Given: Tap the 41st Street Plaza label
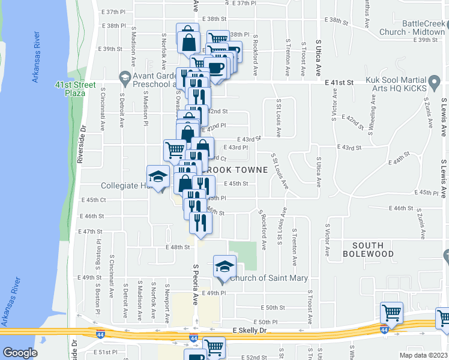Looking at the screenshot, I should point(76,89).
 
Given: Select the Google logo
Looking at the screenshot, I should point(20,353).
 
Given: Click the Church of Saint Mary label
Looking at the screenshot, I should point(269,278).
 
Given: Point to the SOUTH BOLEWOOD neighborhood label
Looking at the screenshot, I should point(381,250).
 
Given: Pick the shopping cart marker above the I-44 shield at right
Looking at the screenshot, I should point(391,312).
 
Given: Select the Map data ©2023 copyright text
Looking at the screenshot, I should point(421,355).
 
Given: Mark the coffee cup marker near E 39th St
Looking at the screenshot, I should point(215,68).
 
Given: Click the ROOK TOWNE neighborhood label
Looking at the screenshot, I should point(235,170).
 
